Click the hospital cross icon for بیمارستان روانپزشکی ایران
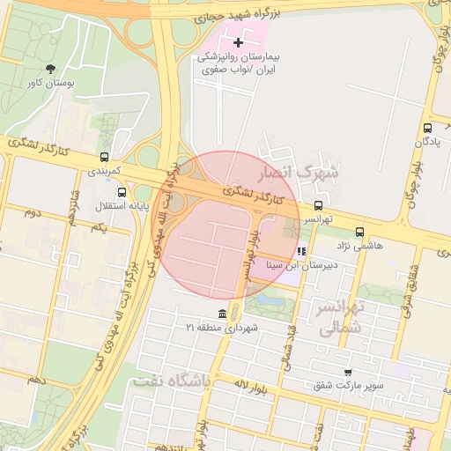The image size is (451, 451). coord(238,42)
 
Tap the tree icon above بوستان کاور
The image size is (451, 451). coord(50,69)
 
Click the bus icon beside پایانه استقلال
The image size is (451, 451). coord(122,192)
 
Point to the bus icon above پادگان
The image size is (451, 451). coord(427,128)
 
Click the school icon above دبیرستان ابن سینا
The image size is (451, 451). coord(302,251)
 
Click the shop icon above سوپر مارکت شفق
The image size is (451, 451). coord(349,373)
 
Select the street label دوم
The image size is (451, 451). coord(33,212)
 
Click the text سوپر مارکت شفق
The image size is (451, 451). coord(349,386)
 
